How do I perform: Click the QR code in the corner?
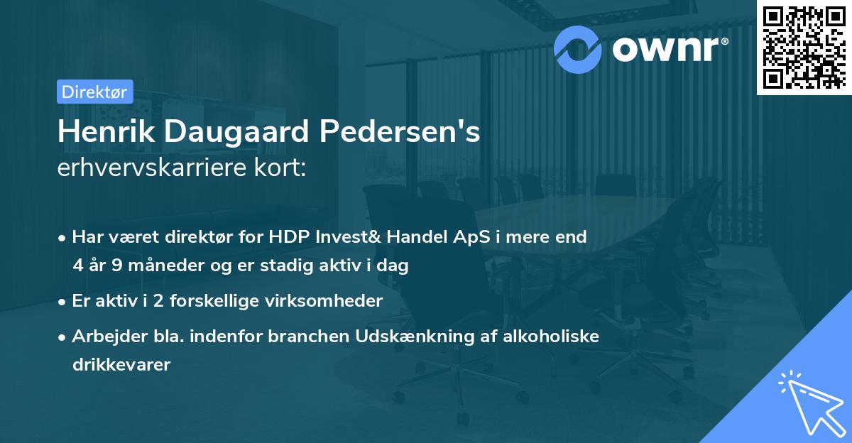pos(804,47)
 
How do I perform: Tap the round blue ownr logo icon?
pos(579,48)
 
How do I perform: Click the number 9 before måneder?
pos(119,266)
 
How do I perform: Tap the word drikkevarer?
pos(121,366)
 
